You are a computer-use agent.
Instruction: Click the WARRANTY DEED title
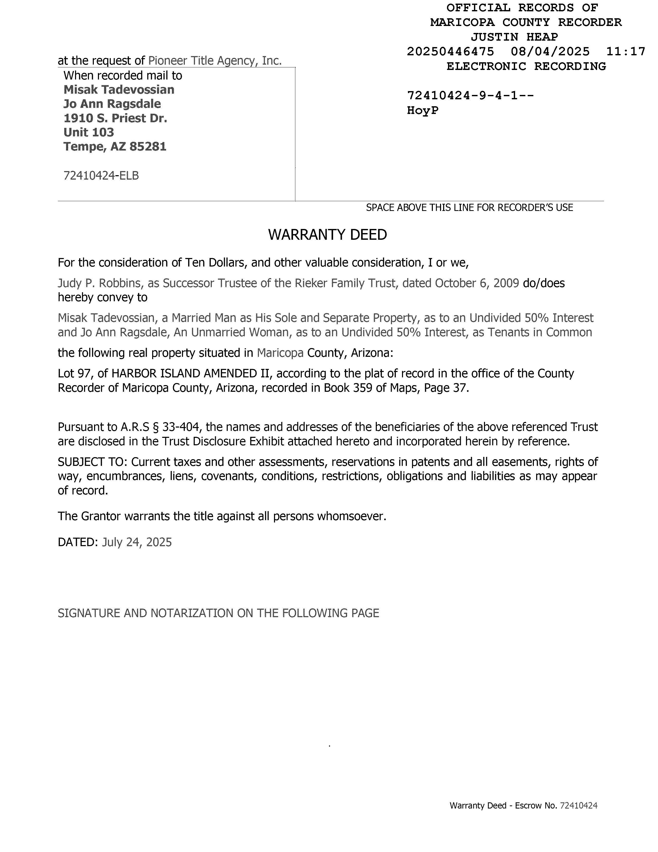tap(327, 234)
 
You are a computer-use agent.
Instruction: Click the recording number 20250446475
tap(450, 51)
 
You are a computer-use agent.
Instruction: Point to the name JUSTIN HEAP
tap(514, 37)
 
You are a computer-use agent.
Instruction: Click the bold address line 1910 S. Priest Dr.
tap(115, 118)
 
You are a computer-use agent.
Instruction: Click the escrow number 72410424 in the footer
tap(579, 805)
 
